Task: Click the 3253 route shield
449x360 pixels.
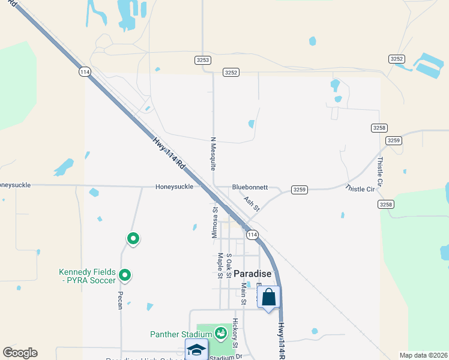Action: coord(203,60)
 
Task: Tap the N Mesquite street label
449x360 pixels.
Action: coord(212,154)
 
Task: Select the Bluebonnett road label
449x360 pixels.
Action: coord(250,187)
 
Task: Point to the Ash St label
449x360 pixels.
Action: coord(252,204)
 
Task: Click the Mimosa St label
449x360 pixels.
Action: coord(215,223)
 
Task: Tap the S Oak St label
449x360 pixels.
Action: coord(229,266)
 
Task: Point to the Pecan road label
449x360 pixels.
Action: coord(120,301)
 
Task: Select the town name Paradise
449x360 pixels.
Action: coord(253,274)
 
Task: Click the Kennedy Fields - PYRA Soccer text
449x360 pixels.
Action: coord(86,276)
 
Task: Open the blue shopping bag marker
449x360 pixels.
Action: coord(269,296)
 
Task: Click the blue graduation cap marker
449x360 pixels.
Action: coord(196,350)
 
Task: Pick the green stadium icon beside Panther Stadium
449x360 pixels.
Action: coord(220,332)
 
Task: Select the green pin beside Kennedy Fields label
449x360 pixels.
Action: coord(125,275)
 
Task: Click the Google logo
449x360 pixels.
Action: coord(20,353)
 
